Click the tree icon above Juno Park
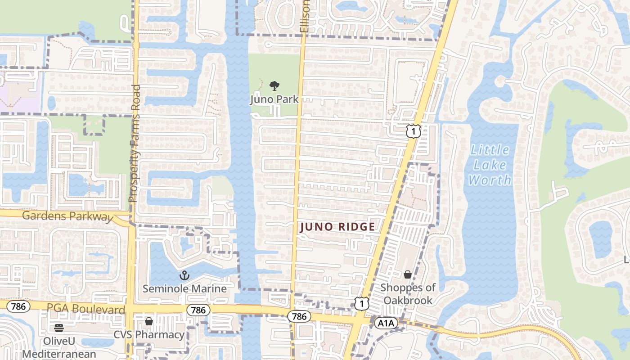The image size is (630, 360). pyautogui.click(x=274, y=85)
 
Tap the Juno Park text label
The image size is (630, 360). pyautogui.click(x=274, y=99)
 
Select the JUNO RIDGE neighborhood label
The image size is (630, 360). pyautogui.click(x=337, y=227)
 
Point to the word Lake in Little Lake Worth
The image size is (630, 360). pyautogui.click(x=490, y=165)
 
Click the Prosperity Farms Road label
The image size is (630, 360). pyautogui.click(x=135, y=143)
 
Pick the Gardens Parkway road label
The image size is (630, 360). pyautogui.click(x=67, y=216)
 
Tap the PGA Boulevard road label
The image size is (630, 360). pyautogui.click(x=86, y=309)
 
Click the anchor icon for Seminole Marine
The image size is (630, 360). pyautogui.click(x=184, y=275)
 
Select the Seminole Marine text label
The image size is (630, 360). pyautogui.click(x=184, y=288)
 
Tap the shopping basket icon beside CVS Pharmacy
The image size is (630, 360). pyautogui.click(x=149, y=321)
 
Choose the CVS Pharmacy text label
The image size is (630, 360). pyautogui.click(x=148, y=335)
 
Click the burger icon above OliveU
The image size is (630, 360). pyautogui.click(x=59, y=328)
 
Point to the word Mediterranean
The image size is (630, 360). pyautogui.click(x=59, y=354)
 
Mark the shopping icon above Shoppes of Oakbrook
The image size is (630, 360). pyautogui.click(x=408, y=274)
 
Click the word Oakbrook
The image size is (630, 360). pyautogui.click(x=408, y=300)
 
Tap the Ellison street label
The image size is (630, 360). pyautogui.click(x=305, y=16)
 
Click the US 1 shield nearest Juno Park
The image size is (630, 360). pyautogui.click(x=413, y=131)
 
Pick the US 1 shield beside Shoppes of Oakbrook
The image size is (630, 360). pyautogui.click(x=361, y=303)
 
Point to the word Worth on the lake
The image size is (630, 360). pyautogui.click(x=490, y=180)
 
